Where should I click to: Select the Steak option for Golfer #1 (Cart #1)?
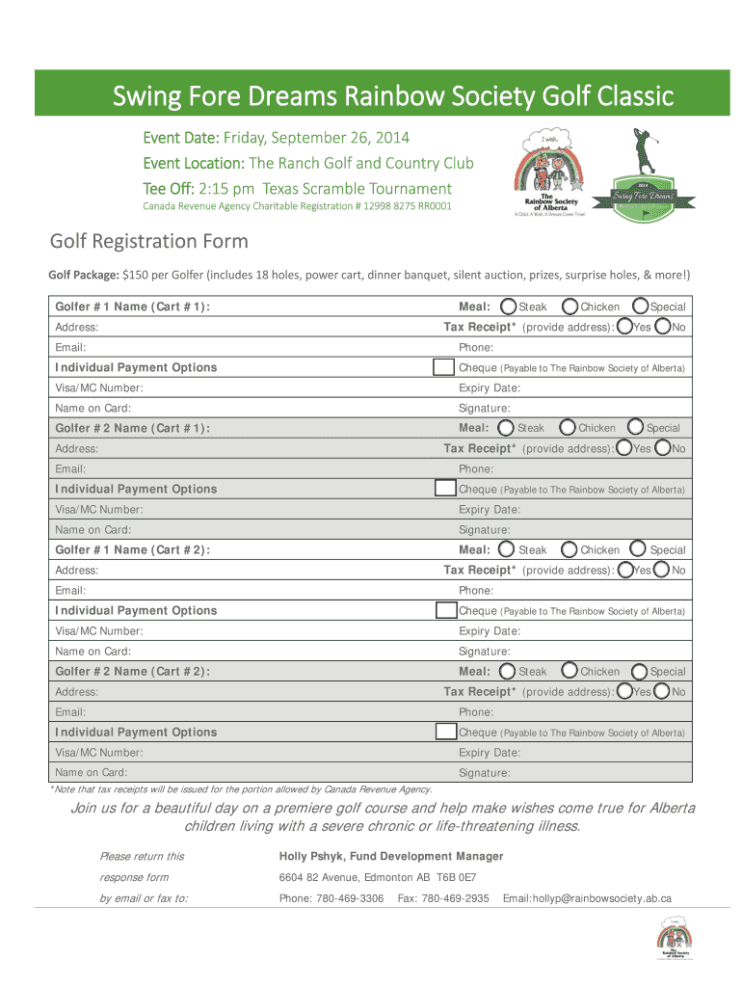click(x=509, y=307)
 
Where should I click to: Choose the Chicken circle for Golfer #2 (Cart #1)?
click(x=568, y=427)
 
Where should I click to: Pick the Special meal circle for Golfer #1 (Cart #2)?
click(x=638, y=549)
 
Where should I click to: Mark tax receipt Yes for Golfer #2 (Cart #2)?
click(x=624, y=692)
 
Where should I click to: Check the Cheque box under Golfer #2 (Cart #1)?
click(x=445, y=489)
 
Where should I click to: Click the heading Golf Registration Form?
click(x=149, y=241)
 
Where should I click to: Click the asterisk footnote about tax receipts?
click(x=241, y=789)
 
